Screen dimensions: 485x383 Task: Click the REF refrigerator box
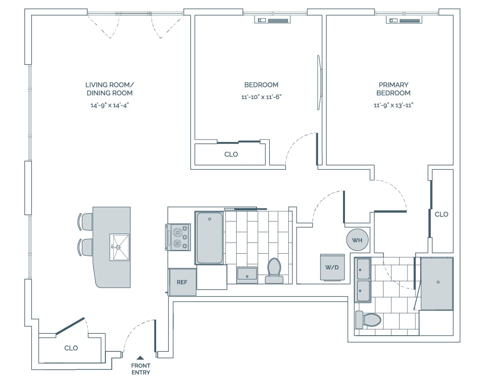(182, 282)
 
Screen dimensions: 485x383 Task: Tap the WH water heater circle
(357, 240)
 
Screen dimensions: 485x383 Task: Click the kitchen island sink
(120, 247)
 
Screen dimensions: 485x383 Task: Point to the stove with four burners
(179, 238)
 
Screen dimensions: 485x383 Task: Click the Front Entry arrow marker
(141, 358)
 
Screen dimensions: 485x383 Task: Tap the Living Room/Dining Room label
(109, 89)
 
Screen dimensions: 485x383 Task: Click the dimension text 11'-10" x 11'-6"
(262, 97)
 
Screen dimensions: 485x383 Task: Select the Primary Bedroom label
(393, 89)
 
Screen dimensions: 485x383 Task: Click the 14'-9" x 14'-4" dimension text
(109, 104)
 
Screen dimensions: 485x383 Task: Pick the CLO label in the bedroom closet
(231, 154)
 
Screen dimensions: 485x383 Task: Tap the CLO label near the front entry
(71, 348)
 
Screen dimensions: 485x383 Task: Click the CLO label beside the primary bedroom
(441, 214)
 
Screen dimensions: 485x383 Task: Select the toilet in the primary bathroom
(368, 320)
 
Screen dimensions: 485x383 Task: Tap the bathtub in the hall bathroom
(209, 238)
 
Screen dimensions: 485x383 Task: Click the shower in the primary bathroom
(437, 283)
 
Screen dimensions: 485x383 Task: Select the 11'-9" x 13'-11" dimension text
(393, 104)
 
